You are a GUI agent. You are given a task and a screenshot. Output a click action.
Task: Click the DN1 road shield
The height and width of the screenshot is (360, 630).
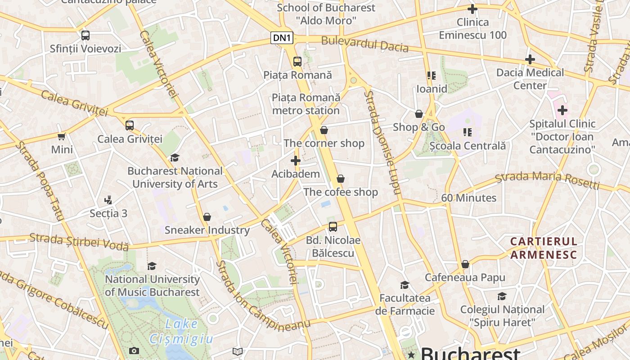pyautogui.click(x=282, y=38)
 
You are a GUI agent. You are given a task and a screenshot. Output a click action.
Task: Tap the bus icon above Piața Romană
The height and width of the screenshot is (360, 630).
pyautogui.click(x=297, y=62)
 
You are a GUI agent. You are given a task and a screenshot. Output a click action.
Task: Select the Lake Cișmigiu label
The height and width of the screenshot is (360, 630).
pyautogui.click(x=181, y=331)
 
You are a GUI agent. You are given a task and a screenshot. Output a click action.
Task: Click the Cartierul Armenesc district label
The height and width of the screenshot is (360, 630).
pyautogui.click(x=543, y=248)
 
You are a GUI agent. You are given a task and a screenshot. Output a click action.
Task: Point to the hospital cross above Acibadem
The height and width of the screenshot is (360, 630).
pyautogui.click(x=296, y=161)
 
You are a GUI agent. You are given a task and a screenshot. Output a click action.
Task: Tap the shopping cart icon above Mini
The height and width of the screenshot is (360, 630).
pyautogui.click(x=62, y=136)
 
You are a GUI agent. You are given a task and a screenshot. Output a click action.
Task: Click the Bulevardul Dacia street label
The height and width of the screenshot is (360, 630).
pyautogui.click(x=364, y=44)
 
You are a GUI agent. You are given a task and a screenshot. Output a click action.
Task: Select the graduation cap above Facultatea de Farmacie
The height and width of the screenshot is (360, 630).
pyautogui.click(x=405, y=285)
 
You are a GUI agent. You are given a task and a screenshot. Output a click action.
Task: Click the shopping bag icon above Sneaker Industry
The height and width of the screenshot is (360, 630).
pyautogui.click(x=207, y=217)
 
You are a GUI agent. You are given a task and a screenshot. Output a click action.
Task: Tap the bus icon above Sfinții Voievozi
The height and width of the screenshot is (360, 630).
pyautogui.click(x=85, y=35)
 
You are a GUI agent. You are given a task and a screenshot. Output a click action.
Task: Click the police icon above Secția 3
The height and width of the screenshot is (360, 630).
pyautogui.click(x=108, y=200)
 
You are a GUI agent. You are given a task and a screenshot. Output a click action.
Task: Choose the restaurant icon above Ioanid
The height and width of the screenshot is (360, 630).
pyautogui.click(x=432, y=76)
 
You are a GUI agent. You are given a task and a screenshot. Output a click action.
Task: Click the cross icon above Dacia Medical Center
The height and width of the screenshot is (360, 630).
pyautogui.click(x=530, y=59)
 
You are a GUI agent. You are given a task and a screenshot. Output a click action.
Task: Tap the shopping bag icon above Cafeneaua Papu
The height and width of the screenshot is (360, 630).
pyautogui.click(x=465, y=264)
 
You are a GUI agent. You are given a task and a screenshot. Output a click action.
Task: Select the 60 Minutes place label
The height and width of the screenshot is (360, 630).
pyautogui.click(x=468, y=198)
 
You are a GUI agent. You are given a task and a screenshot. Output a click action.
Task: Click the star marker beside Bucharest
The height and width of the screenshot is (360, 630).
pyautogui.click(x=411, y=355)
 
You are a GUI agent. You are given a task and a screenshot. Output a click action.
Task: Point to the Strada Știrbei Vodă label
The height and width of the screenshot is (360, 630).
pyautogui.click(x=79, y=242)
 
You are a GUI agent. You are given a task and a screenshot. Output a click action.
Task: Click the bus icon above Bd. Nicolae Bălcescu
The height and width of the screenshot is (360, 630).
pyautogui.click(x=333, y=227)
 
